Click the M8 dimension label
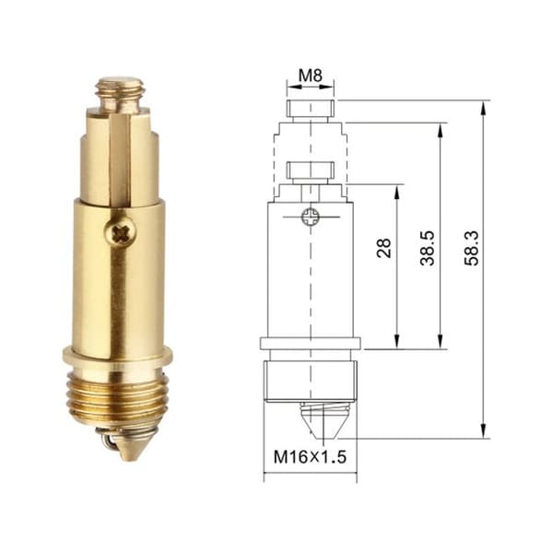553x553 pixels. (311, 76)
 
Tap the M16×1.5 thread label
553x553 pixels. (311, 457)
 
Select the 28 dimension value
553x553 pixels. (384, 248)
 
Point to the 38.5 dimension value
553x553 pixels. (427, 248)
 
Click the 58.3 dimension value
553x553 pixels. (472, 248)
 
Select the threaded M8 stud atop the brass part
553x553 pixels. (121, 95)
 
